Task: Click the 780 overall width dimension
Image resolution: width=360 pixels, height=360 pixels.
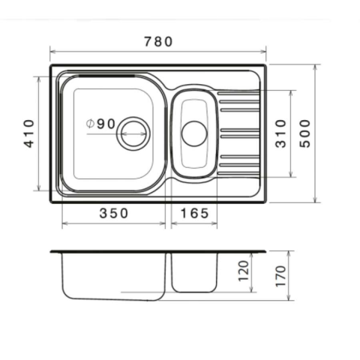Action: pyautogui.click(x=158, y=41)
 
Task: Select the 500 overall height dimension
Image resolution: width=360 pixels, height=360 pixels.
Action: pyautogui.click(x=304, y=133)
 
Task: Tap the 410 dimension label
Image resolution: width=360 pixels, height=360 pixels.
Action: pyautogui.click(x=29, y=133)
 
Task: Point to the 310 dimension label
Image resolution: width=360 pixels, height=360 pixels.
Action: pyautogui.click(x=280, y=133)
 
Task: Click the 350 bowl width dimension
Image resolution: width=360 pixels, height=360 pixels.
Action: pyautogui.click(x=114, y=213)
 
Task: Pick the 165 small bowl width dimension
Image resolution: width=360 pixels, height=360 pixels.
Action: pyautogui.click(x=194, y=213)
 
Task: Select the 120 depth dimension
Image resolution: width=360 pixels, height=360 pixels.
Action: pyautogui.click(x=244, y=271)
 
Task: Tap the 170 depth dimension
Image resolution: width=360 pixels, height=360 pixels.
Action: pyautogui.click(x=280, y=276)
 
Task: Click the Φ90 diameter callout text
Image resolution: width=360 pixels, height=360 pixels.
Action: pyautogui.click(x=100, y=124)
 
